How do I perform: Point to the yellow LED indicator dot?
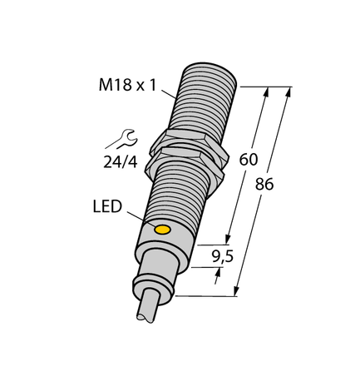[162, 228]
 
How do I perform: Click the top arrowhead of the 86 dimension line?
[290, 91]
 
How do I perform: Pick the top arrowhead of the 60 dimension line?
[266, 92]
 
